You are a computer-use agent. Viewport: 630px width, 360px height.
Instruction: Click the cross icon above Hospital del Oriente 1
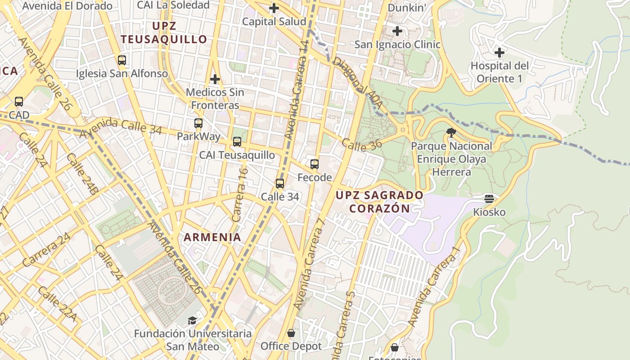499,53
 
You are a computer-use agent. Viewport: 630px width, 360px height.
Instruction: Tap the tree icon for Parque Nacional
451,132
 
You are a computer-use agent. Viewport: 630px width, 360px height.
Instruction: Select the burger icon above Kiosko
489,198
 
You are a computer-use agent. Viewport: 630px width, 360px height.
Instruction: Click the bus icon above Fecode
315,164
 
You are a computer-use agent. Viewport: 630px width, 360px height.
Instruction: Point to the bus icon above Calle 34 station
280,183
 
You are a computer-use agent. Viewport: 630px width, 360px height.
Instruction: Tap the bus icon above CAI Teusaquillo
237,142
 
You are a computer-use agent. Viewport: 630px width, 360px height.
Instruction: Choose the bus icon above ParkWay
198,123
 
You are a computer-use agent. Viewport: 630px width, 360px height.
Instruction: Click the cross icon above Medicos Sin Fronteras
215,80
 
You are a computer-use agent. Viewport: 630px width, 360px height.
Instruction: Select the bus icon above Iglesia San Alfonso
121,60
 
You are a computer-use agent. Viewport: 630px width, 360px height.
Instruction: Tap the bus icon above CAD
19,102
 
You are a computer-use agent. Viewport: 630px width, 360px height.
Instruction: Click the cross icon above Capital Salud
274,8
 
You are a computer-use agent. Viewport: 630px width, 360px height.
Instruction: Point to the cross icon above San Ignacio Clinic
397,31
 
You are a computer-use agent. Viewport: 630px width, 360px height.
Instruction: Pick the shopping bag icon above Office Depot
291,333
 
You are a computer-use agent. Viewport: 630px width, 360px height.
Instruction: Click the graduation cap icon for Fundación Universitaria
193,320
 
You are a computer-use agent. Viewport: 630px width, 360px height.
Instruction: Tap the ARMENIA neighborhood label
212,237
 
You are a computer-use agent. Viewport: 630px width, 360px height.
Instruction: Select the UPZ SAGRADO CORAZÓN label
380,202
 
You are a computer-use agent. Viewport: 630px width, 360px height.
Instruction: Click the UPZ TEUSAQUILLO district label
164,32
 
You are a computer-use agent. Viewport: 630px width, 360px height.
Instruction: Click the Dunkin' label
407,8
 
